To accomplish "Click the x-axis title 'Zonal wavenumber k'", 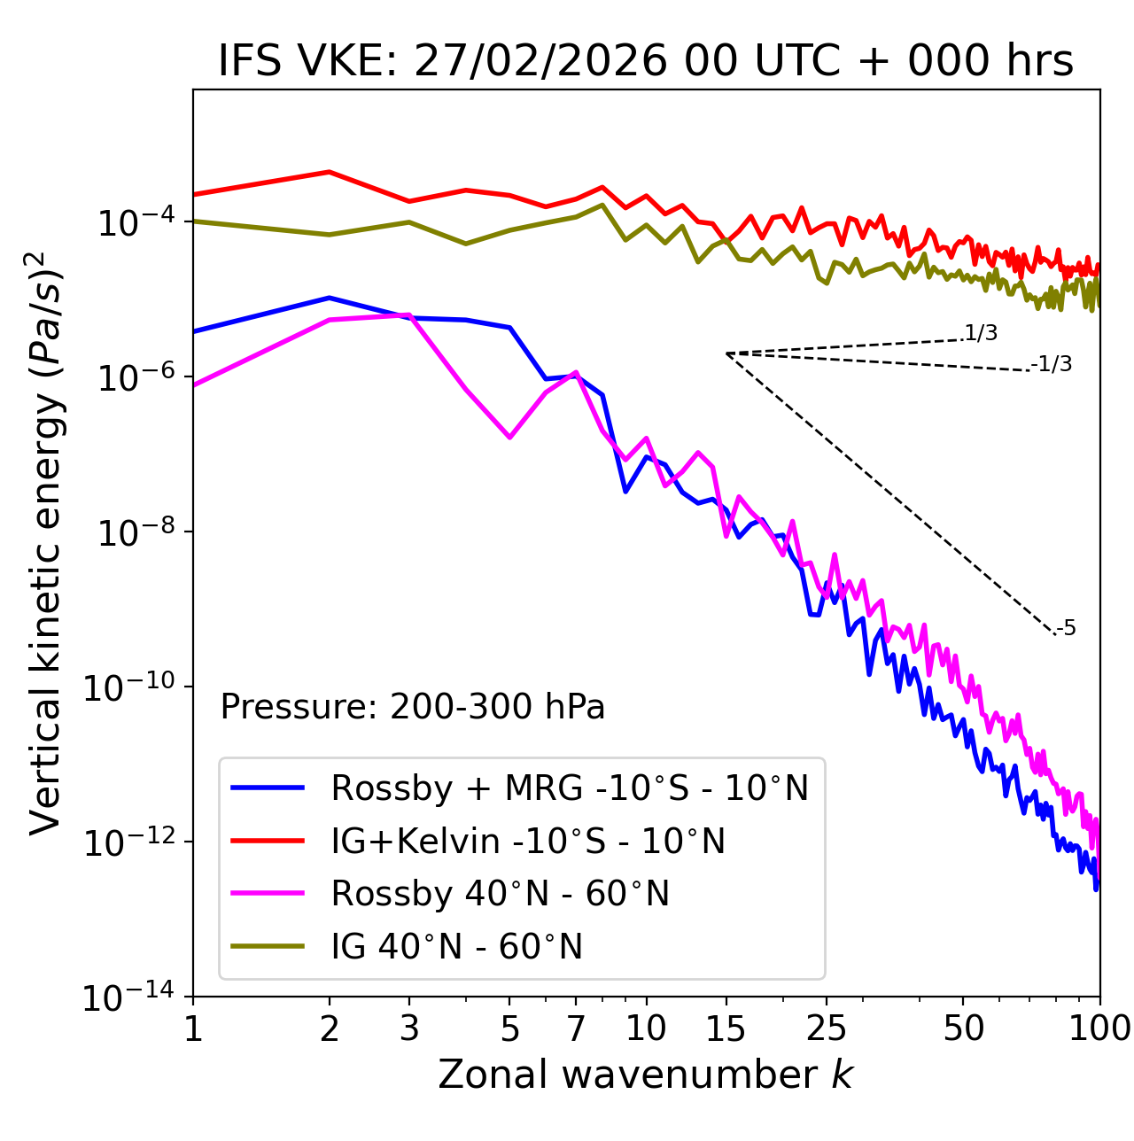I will tap(646, 1075).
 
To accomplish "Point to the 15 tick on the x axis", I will tap(726, 1028).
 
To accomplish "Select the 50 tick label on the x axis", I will tap(963, 1028).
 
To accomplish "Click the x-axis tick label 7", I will tap(576, 1028).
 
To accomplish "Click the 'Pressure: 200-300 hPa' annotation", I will tap(413, 707).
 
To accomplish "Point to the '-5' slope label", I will tap(1067, 629).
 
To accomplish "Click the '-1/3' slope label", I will tap(1052, 364).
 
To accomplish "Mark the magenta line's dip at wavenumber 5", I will tap(509, 437).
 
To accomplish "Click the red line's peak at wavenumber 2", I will tap(330, 172).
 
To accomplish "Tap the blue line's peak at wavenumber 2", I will tap(330, 298).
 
